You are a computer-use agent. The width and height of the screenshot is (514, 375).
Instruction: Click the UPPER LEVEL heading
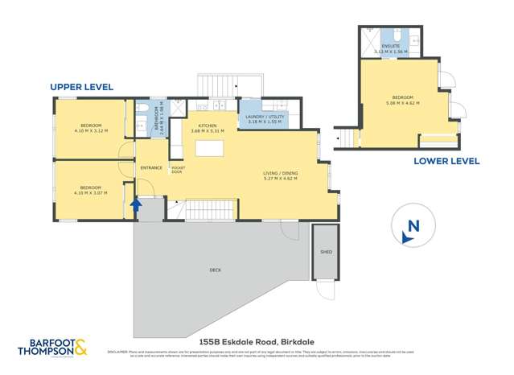(81, 86)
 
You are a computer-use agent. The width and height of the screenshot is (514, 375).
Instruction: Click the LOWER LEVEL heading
(446, 161)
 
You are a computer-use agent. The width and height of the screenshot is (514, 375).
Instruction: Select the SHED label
(325, 251)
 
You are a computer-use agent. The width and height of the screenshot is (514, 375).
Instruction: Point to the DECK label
(215, 270)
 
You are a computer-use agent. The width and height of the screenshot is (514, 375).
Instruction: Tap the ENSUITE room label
(393, 47)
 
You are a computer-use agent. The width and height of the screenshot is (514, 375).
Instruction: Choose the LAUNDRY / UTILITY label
(261, 116)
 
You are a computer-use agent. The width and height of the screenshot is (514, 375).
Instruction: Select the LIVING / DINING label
(281, 173)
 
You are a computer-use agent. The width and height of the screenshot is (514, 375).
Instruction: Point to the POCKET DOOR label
(177, 170)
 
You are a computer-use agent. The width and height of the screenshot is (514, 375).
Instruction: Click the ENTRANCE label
(151, 167)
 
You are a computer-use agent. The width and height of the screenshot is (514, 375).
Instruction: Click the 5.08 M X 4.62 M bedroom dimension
(402, 103)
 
